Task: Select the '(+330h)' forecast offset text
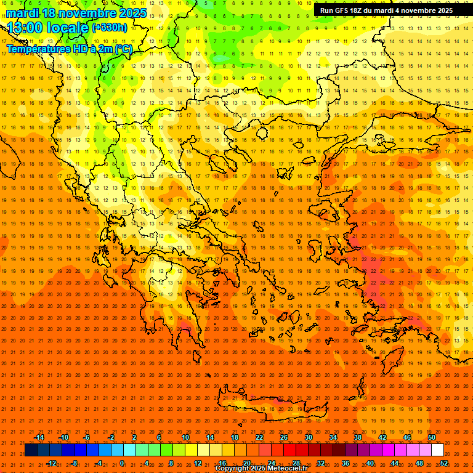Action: click(110, 27)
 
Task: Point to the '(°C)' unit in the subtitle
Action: click(122, 49)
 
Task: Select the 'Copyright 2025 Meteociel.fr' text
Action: click(261, 469)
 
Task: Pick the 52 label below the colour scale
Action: click(444, 463)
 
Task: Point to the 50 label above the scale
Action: click(432, 437)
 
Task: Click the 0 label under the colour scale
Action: click(123, 463)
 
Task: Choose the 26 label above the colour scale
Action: click(284, 437)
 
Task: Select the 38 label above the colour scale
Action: click(358, 437)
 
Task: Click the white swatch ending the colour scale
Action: click(438, 450)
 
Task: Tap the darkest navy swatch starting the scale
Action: click(31, 450)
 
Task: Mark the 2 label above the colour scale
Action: click(134, 437)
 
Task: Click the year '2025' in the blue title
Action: click(133, 13)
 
